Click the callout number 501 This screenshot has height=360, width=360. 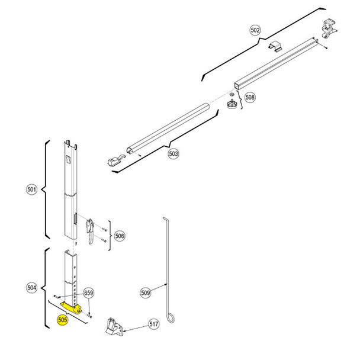click(x=32, y=189)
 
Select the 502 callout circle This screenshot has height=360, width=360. click(x=255, y=30)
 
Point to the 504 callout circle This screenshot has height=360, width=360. click(x=32, y=287)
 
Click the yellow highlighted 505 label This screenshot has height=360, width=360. click(x=62, y=320)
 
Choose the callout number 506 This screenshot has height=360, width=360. click(x=120, y=236)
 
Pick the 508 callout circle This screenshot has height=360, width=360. click(x=249, y=97)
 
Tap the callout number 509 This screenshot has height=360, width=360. click(x=146, y=292)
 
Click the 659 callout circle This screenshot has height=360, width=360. click(x=89, y=292)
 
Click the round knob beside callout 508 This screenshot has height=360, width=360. click(x=231, y=104)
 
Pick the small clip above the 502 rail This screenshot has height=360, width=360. click(x=277, y=47)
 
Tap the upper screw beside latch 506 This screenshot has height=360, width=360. click(x=103, y=229)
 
